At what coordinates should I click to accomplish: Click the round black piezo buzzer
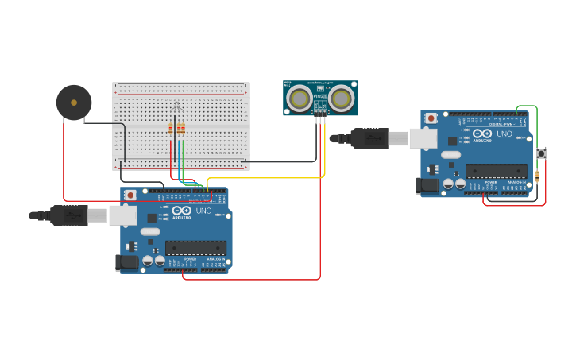[74, 103]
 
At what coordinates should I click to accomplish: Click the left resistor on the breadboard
[171, 129]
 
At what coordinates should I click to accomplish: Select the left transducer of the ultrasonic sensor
[300, 99]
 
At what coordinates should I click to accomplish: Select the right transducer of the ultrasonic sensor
[342, 99]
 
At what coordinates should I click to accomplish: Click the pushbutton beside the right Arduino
[541, 153]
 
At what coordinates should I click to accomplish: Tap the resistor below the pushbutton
[538, 176]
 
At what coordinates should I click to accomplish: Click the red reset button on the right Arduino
[431, 118]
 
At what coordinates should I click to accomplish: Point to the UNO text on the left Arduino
[203, 211]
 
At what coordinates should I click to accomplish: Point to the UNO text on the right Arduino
[504, 134]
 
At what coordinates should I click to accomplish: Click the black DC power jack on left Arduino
[126, 262]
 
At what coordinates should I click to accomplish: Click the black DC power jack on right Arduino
[427, 185]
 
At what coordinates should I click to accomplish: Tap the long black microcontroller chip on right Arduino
[497, 171]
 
